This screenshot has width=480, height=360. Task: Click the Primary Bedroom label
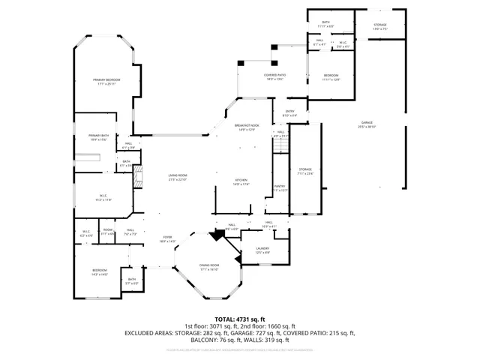coord(107,79)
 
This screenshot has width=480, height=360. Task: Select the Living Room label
coord(177,176)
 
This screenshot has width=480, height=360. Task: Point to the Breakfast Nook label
coord(246,127)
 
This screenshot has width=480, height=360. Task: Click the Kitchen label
coord(241,181)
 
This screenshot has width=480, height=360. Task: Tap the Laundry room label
coord(262,248)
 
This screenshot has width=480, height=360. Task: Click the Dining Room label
coord(209,265)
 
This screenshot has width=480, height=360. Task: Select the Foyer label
coord(166,238)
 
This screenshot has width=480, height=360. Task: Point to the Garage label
coord(367,122)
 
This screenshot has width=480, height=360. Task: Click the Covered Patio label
coord(275,75)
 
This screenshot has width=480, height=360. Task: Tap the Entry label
coord(289,112)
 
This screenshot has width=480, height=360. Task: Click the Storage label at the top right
coord(381,25)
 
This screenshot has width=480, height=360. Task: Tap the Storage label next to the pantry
coord(305,169)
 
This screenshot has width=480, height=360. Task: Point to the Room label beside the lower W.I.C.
coord(108,229)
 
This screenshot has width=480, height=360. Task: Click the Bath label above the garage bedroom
coord(326,22)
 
